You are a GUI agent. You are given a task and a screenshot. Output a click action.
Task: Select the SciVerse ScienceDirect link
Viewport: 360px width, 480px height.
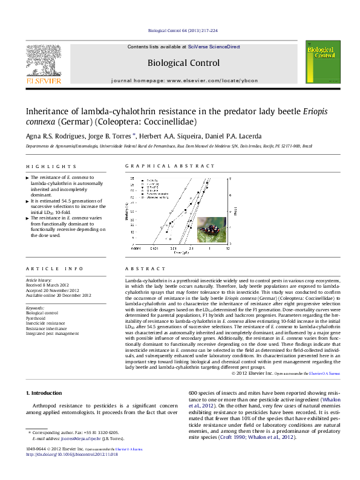[214, 47]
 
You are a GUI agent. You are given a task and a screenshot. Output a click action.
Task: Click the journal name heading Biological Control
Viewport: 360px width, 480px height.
[183, 62]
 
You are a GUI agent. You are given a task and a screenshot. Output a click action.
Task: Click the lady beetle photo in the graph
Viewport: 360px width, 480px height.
[211, 229]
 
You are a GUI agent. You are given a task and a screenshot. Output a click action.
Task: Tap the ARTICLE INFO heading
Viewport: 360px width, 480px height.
[45, 268]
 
